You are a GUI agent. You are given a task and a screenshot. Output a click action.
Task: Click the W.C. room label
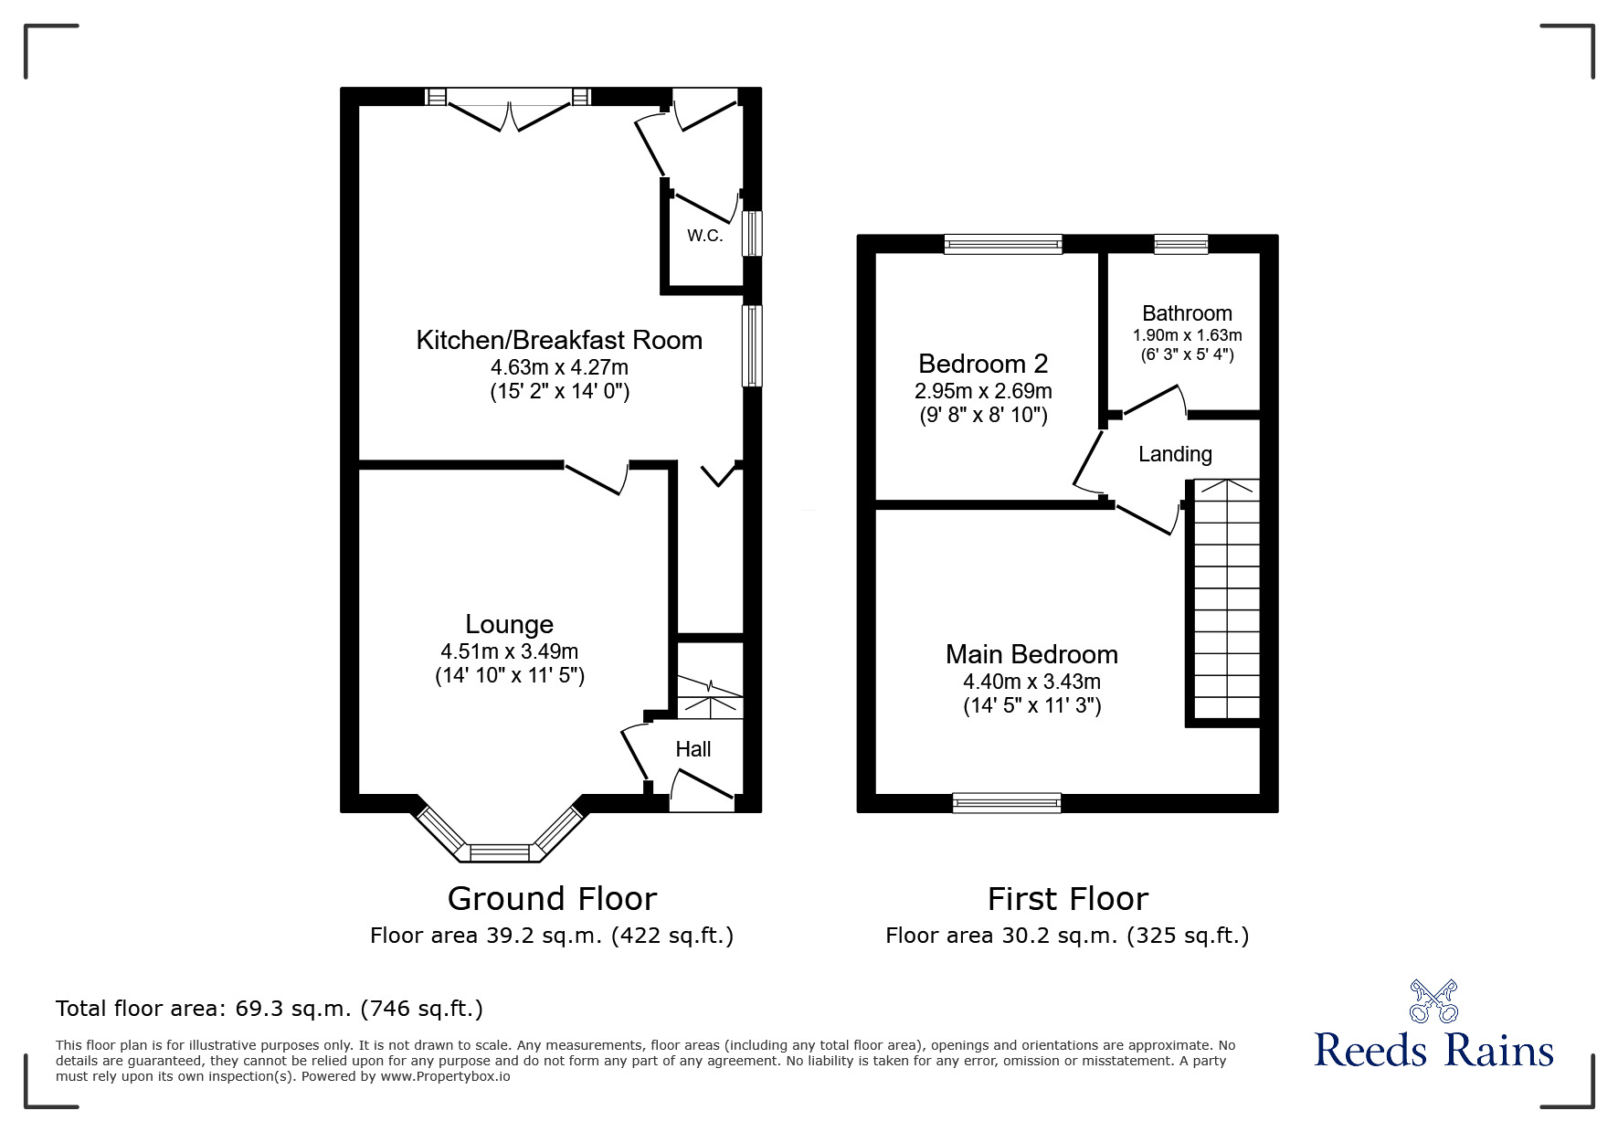coord(704,236)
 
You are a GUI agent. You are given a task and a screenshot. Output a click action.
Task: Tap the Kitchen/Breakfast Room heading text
coord(559,341)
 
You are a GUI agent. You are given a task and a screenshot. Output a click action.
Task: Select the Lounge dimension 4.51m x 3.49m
coord(509,651)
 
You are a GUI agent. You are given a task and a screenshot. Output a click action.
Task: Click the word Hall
coord(693,749)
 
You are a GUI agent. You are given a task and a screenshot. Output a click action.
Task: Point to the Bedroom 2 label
coord(982,364)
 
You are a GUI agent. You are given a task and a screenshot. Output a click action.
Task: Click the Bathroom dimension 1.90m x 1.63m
coord(1187,335)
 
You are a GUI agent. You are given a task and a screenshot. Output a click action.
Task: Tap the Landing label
coord(1175,454)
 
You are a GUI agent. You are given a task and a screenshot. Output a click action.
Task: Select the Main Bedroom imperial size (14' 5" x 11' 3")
coord(1031,705)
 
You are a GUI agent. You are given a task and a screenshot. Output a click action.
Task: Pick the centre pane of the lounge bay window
coord(500,852)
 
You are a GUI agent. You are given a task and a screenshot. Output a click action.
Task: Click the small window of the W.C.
coord(751,234)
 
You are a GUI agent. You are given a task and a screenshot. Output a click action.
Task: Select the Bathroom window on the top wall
coord(1180,243)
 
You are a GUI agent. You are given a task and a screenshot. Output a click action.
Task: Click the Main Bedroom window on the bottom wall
coord(1006,802)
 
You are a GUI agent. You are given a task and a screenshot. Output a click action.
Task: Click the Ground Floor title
coord(552,899)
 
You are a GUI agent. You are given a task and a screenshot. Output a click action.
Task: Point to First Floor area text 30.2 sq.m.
coord(1066,936)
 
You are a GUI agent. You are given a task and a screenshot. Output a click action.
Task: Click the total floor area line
coord(270,1009)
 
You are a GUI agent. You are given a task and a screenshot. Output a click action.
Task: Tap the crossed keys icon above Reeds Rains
coord(1433,1000)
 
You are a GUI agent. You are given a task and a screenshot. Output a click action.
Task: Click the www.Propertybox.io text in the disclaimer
coord(445,1076)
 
